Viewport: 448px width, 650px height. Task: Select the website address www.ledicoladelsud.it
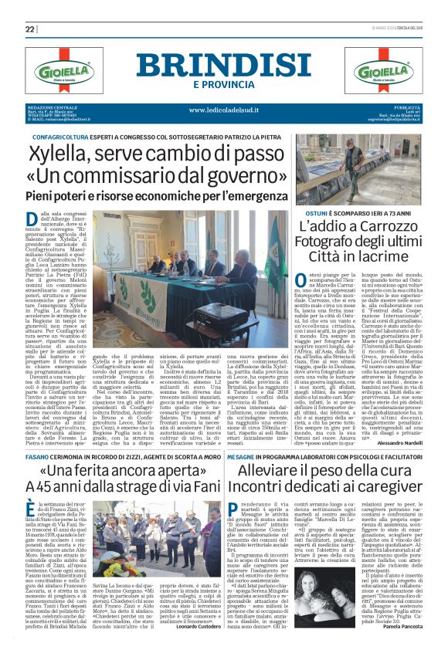[223, 110]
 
